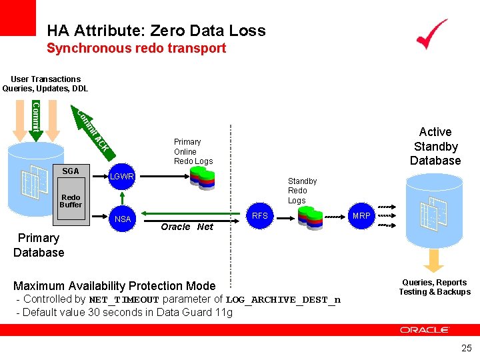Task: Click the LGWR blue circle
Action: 123,177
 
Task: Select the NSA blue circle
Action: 123,219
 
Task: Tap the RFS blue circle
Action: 260,215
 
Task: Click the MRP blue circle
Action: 361,215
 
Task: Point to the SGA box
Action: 71,171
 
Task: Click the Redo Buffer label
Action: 71,201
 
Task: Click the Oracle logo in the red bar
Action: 425,329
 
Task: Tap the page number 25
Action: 466,347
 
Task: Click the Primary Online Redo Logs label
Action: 193,151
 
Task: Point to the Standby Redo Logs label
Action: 302,191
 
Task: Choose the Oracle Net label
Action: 187,227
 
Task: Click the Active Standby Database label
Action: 435,146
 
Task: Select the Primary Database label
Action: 39,245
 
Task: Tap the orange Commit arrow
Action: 36,117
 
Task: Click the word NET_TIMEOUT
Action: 124,300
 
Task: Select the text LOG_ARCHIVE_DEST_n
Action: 283,300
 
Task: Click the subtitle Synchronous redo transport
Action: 136,48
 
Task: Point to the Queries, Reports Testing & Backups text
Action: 435,287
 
